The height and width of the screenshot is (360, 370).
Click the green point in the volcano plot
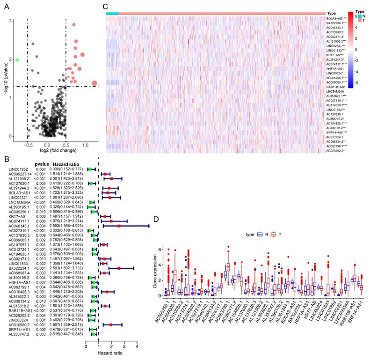pyautogui.click(x=17, y=59)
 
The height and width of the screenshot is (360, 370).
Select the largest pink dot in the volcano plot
pyautogui.click(x=94, y=83)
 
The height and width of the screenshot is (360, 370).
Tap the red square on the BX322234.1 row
pyautogui.click(x=119, y=269)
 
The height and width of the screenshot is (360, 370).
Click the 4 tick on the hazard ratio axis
pyautogui.click(x=137, y=347)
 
